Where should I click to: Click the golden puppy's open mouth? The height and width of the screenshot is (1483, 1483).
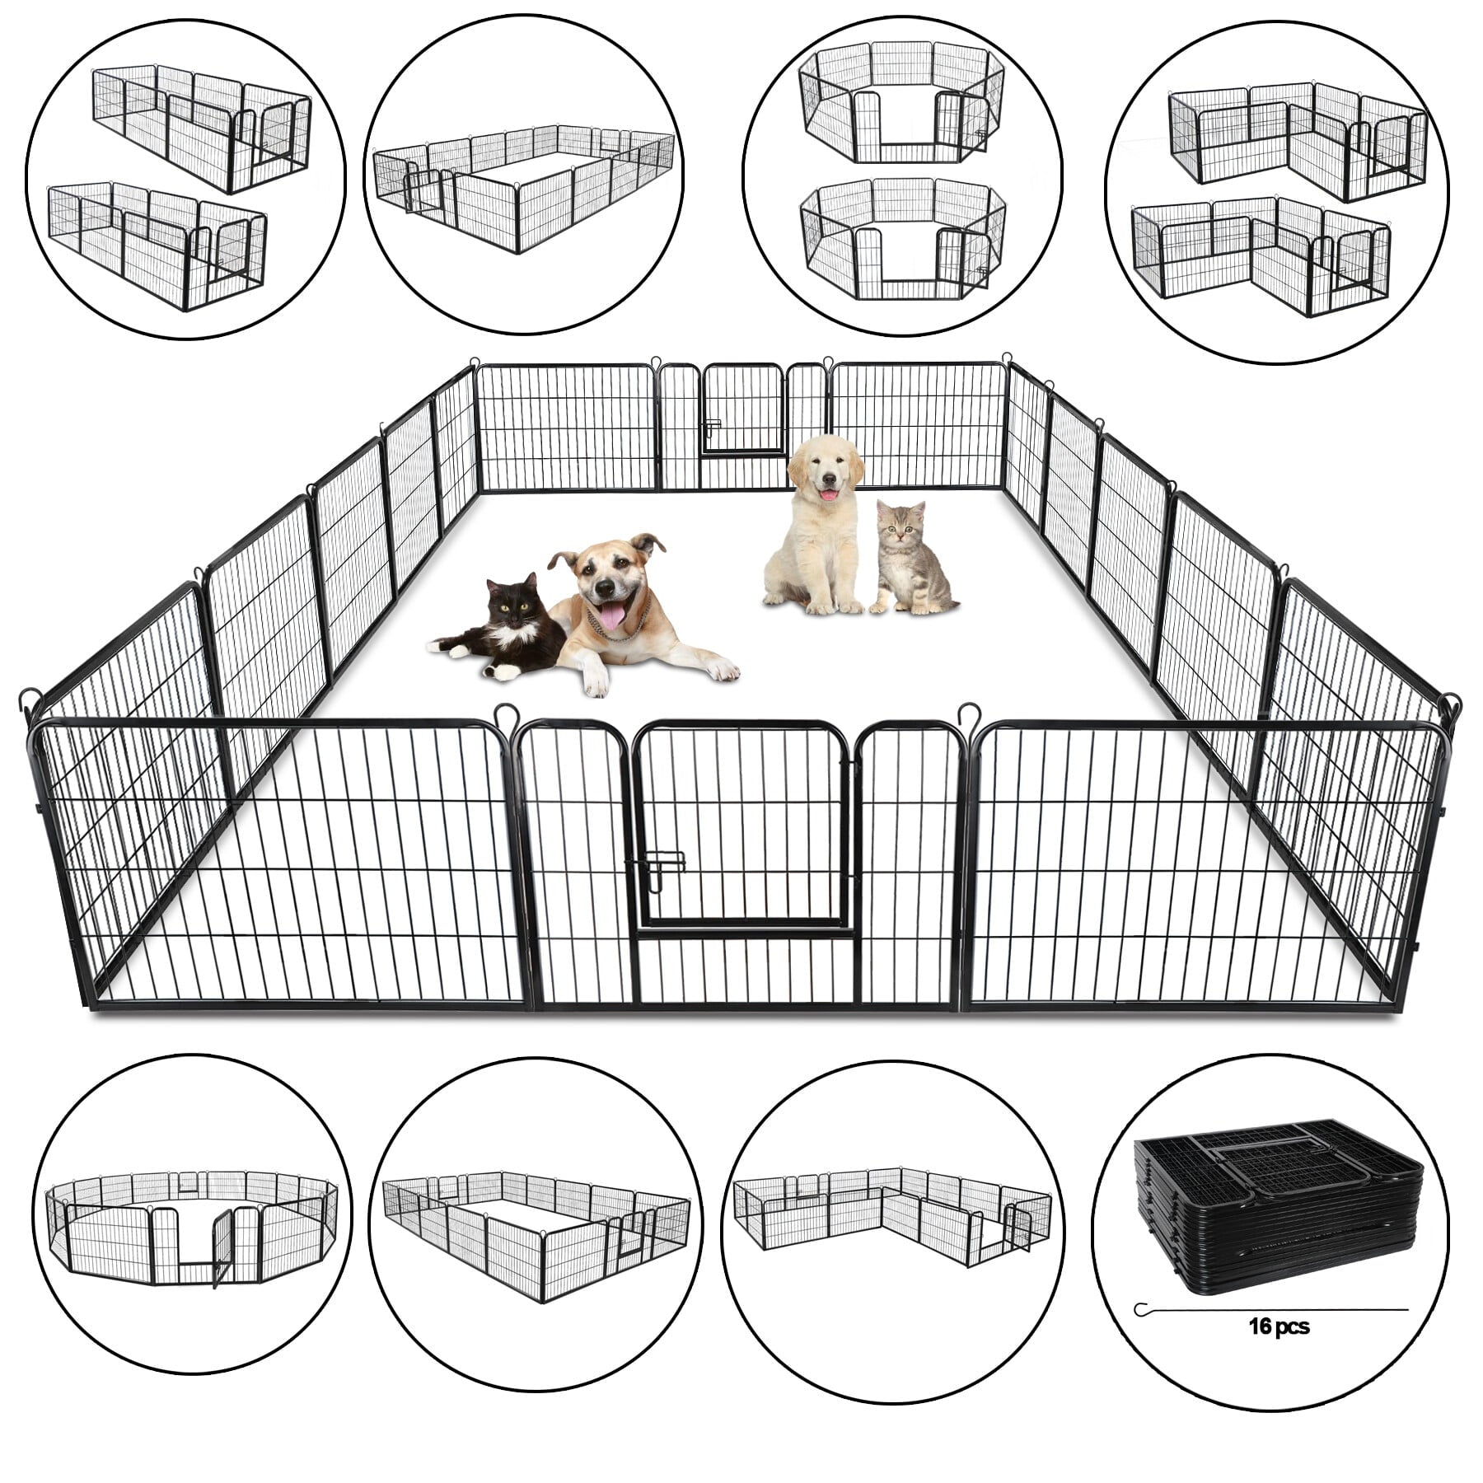click(826, 493)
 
